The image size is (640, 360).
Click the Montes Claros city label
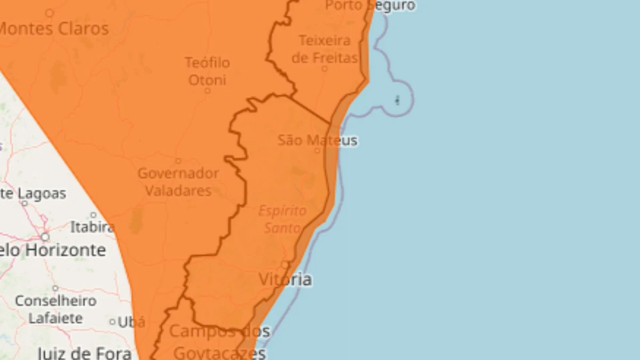coord(53,29)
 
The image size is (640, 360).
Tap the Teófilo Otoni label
coord(207,71)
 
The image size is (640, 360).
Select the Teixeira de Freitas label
coord(324,49)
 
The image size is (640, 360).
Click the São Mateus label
coord(317,141)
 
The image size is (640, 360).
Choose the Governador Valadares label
coord(178,182)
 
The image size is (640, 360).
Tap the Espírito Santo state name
coord(283,219)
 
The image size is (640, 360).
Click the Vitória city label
coord(285,279)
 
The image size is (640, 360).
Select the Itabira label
coord(92,227)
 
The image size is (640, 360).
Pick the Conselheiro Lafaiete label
coord(55,309)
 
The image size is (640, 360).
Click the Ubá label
coord(131,322)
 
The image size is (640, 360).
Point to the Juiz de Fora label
coord(84,353)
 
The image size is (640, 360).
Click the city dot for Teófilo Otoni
coord(207,91)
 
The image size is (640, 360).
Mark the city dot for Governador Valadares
coord(178,161)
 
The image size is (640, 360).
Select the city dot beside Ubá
coord(112,322)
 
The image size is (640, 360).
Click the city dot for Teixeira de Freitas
coord(324,68)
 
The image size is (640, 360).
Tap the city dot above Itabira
coord(93,215)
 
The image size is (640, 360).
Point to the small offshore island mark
coord(397,100)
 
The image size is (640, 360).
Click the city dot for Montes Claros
coord(49,13)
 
